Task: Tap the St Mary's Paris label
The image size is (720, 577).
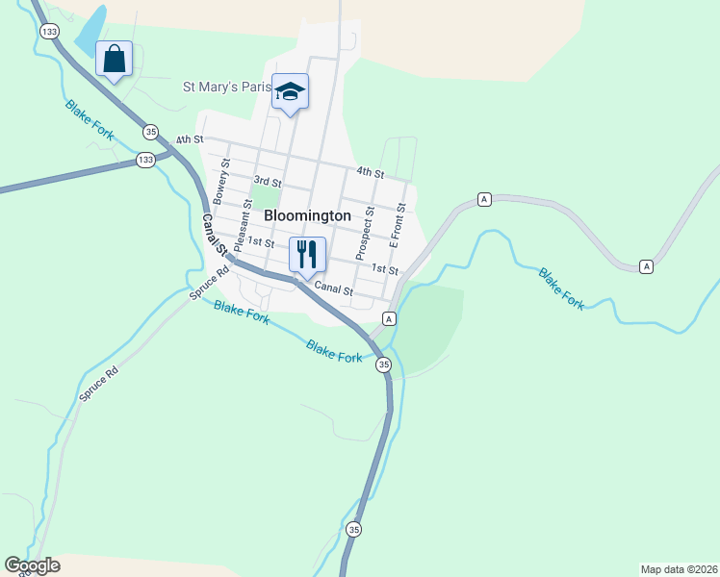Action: pyautogui.click(x=227, y=87)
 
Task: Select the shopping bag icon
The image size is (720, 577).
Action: pyautogui.click(x=115, y=60)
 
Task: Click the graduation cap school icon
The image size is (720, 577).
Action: pyautogui.click(x=290, y=91)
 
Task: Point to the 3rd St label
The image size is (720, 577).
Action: pyautogui.click(x=267, y=181)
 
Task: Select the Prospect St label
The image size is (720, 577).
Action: pyautogui.click(x=364, y=233)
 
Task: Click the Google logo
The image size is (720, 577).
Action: pyautogui.click(x=32, y=565)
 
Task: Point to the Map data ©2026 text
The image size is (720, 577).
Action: pyautogui.click(x=679, y=568)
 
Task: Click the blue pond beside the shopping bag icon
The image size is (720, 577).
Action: pyautogui.click(x=89, y=32)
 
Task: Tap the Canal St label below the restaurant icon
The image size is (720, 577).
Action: pyautogui.click(x=334, y=289)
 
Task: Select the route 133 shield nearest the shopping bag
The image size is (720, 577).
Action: pyautogui.click(x=49, y=32)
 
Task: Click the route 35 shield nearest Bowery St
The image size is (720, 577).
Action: pyautogui.click(x=150, y=131)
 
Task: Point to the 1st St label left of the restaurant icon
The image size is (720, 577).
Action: pyautogui.click(x=261, y=241)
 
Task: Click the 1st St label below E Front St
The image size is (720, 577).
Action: pyautogui.click(x=385, y=270)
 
